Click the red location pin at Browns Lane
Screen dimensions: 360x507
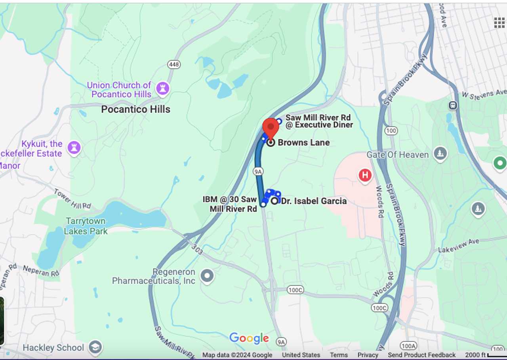pyautogui.click(x=271, y=128)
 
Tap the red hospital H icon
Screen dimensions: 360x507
pyautogui.click(x=365, y=175)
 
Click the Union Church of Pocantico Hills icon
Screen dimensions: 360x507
pyautogui.click(x=162, y=88)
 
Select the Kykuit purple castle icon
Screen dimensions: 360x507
pyautogui.click(x=74, y=148)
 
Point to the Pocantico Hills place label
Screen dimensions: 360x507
pyautogui.click(x=135, y=109)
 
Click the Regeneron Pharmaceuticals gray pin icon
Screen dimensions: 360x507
pyautogui.click(x=207, y=276)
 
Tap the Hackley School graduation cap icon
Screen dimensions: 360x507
pyautogui.click(x=95, y=347)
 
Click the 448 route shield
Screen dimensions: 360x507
pyautogui.click(x=173, y=64)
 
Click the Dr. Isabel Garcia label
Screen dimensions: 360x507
pyautogui.click(x=314, y=201)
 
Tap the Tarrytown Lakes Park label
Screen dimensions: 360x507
pyautogui.click(x=86, y=226)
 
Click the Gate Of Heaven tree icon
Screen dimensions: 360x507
pyautogui.click(x=440, y=154)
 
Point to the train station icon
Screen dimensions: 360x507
pyautogui.click(x=453, y=105)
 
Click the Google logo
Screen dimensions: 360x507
pyautogui.click(x=249, y=338)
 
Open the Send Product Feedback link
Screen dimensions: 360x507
pyautogui.click(x=421, y=355)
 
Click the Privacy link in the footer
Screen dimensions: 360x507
pyautogui.click(x=368, y=355)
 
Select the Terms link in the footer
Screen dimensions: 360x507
pyautogui.click(x=339, y=355)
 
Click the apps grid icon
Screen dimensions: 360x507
pyautogui.click(x=499, y=23)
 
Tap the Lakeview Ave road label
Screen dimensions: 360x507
pyautogui.click(x=459, y=246)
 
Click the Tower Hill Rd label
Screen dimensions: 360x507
pyautogui.click(x=72, y=199)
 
